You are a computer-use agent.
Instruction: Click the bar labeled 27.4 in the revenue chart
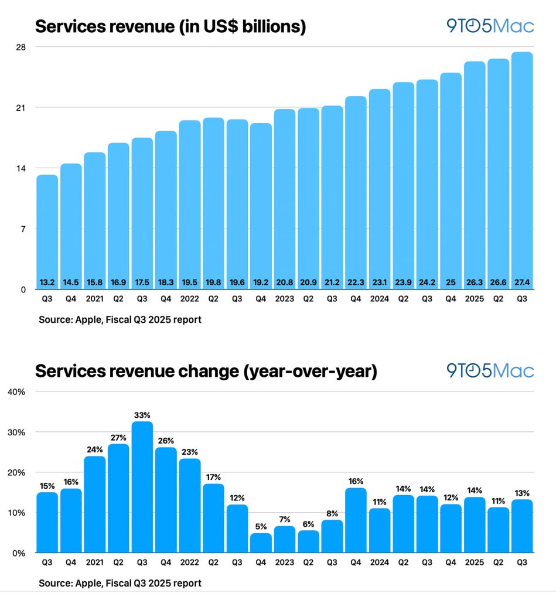click(x=521, y=170)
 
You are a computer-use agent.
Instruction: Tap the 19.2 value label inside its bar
click(x=261, y=282)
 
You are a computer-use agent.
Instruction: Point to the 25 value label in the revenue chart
click(x=451, y=282)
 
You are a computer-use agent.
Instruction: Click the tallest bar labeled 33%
click(x=142, y=486)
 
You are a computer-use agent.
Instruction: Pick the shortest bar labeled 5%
click(x=261, y=542)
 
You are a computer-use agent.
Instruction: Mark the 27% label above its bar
click(x=118, y=437)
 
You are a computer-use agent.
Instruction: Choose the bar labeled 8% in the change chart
click(x=332, y=536)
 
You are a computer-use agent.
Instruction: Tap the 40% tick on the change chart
click(x=16, y=391)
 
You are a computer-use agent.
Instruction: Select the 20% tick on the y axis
click(x=16, y=472)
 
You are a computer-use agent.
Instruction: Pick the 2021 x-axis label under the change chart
click(x=95, y=562)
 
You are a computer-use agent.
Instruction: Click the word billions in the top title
click(x=271, y=27)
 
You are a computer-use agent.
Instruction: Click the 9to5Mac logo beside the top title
click(x=490, y=26)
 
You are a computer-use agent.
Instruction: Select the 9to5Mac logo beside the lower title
click(x=490, y=370)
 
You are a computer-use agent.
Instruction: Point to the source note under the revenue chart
click(x=120, y=320)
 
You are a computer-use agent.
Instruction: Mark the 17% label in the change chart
click(x=213, y=477)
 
